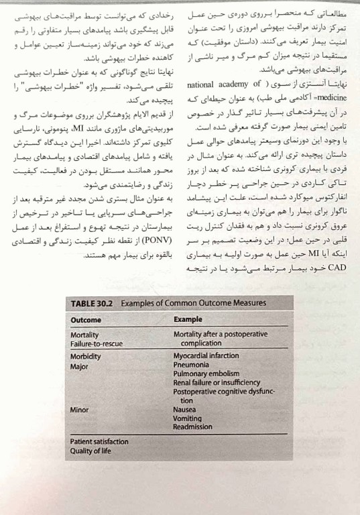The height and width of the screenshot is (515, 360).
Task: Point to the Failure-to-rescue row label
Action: pyautogui.click(x=97, y=343)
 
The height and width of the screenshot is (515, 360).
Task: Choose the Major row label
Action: pyautogui.click(x=80, y=366)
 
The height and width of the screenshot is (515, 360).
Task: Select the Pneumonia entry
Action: pyautogui.click(x=193, y=366)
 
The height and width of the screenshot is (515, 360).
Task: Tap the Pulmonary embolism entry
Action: pyautogui.click(x=206, y=374)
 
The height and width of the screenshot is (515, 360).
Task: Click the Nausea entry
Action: pyautogui.click(x=184, y=408)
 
